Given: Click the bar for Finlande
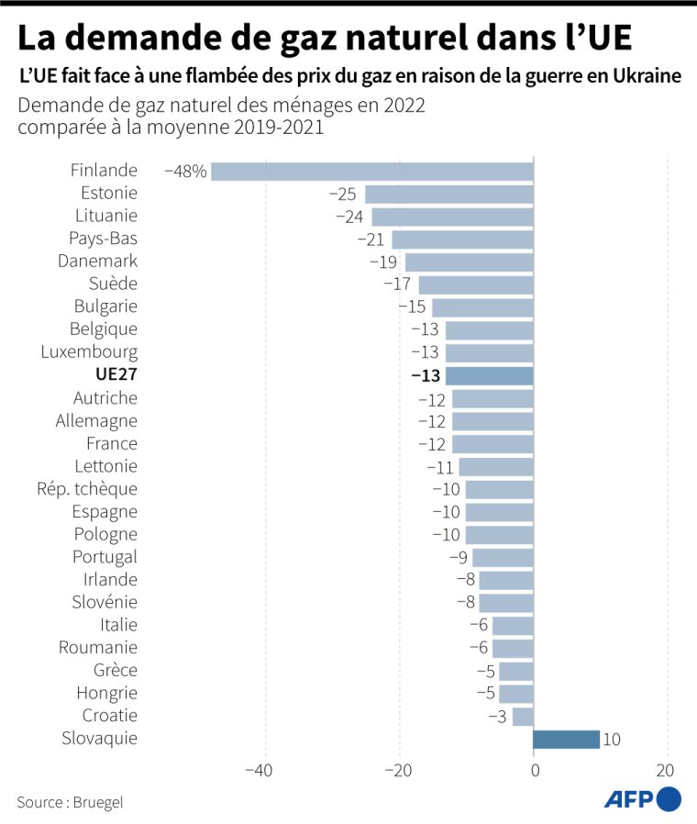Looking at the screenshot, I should pos(371,171).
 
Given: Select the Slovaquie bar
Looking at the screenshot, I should pos(566,739).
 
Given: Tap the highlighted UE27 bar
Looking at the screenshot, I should pos(489,375).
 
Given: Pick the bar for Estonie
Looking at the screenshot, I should pos(448,194).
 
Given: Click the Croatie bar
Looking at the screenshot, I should pos(523,716).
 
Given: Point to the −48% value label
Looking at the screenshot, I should pos(185,171).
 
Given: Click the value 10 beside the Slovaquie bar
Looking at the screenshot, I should pos(613,739).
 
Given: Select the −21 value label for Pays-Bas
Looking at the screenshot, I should pos(371,239).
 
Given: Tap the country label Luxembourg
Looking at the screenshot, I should pos(89,352).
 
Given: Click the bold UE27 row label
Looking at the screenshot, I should pos(116,375).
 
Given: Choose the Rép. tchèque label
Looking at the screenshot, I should pos(88,489).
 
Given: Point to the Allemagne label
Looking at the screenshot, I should pos(96,421).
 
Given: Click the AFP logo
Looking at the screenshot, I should pos(642,799).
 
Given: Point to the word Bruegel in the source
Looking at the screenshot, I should pos(98,802).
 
